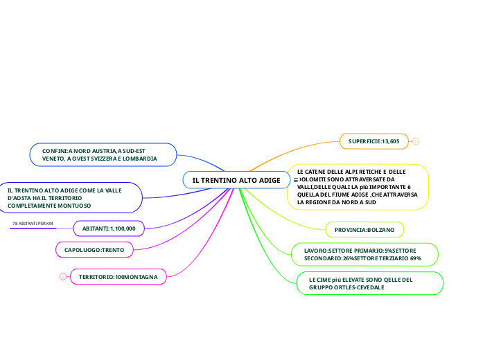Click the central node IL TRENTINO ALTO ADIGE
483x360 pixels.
tap(236, 180)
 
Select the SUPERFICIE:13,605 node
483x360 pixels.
tap(374, 141)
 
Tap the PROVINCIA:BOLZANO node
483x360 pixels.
tap(365, 229)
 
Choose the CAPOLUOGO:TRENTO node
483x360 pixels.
tap(94, 249)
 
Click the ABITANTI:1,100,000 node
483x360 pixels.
tap(109, 228)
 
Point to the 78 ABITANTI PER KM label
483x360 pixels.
tap(33, 224)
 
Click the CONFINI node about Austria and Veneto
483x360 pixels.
tap(103, 154)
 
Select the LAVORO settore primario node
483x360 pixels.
tap(362, 253)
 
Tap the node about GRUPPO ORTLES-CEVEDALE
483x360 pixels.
tap(370, 283)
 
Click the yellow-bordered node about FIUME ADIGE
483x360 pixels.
tap(358, 186)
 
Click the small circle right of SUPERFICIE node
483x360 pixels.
tap(416, 141)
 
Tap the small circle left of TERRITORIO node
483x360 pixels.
tap(62, 277)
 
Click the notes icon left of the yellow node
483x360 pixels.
tap(296, 180)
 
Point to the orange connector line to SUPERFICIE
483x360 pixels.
tap(291, 154)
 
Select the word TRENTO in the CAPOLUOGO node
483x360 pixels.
tap(113, 249)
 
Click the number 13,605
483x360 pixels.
tap(391, 141)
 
